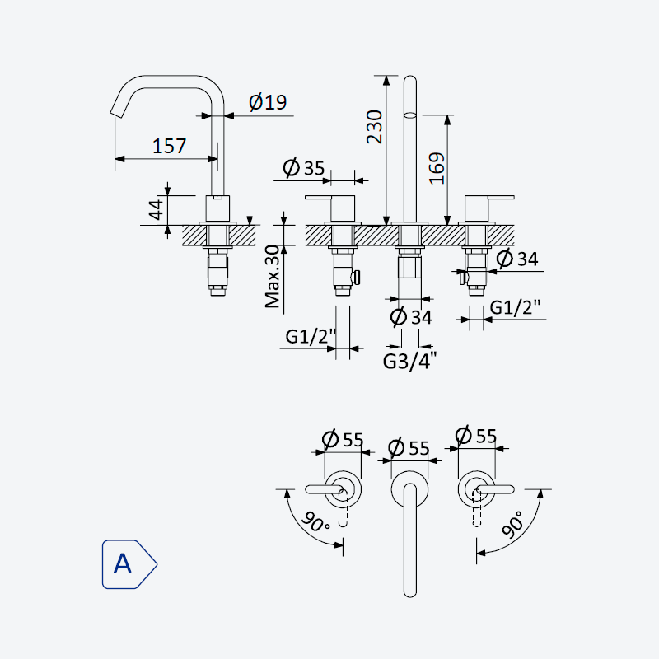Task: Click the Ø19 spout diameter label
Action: [268, 102]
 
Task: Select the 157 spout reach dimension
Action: [169, 146]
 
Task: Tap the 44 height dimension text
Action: [157, 210]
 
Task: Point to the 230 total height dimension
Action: [375, 127]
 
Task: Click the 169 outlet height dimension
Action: [437, 168]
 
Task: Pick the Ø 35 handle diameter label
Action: [304, 168]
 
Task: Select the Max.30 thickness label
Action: [273, 277]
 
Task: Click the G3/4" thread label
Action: [409, 361]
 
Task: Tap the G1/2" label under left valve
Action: [311, 336]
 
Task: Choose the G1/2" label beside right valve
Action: [515, 307]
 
